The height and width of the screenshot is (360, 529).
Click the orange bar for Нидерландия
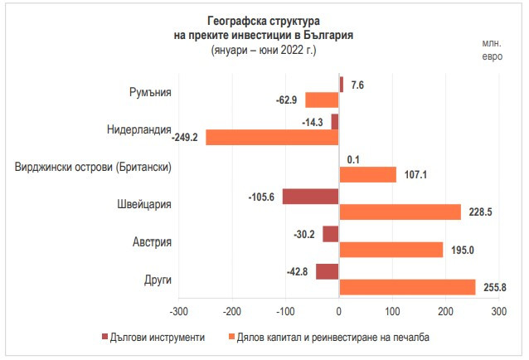[272, 138]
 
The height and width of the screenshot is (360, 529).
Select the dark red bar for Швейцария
[310, 197]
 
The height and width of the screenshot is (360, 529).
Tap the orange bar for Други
[407, 287]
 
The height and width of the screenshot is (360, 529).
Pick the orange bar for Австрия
[391, 250]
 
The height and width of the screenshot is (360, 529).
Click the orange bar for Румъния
[322, 100]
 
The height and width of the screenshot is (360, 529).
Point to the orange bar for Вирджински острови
[367, 175]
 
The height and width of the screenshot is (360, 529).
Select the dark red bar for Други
[327, 271]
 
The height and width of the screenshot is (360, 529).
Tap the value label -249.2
[185, 138]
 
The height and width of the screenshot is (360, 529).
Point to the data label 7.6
[357, 85]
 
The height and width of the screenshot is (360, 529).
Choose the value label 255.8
[495, 287]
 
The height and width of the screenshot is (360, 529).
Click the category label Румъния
[150, 92]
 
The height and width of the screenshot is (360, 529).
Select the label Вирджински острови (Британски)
[93, 167]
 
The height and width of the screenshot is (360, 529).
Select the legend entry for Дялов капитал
[332, 337]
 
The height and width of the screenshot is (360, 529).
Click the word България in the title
[324, 36]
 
